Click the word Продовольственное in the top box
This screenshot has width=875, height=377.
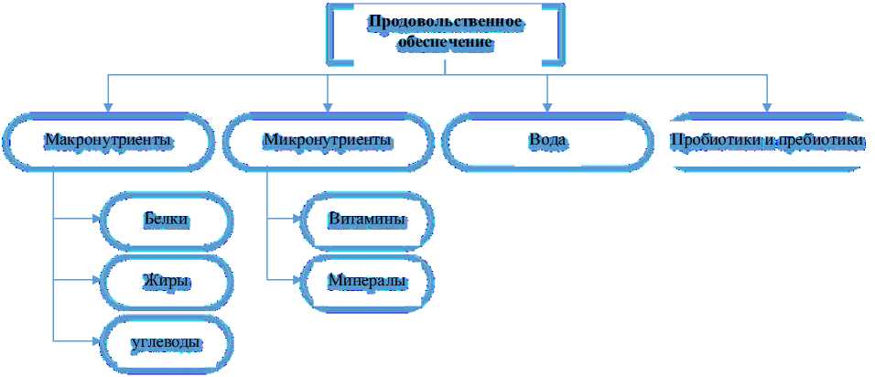446,21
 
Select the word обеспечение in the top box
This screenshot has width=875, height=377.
446,42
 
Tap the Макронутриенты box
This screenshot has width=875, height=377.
108,142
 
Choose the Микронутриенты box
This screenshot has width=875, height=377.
328,142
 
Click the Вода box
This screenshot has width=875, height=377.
547,142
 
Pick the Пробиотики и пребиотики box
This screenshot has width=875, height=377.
767,142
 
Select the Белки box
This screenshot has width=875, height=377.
167,220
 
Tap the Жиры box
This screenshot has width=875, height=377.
167,280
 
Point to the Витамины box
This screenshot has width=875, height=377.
366,220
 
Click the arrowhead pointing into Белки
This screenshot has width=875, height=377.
98,220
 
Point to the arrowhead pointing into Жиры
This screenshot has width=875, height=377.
98,280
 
